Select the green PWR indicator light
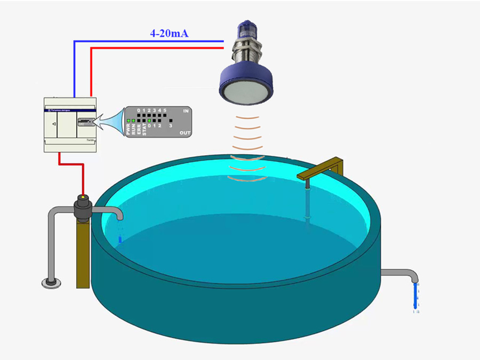(129, 121)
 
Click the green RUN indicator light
(134, 121)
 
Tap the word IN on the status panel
(186, 111)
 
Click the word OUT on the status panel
(185, 133)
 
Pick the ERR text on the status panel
(139, 130)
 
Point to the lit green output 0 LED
(149, 121)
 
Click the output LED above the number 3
(170, 121)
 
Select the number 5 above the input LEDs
(165, 110)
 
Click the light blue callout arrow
(110, 121)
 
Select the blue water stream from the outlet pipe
(415, 296)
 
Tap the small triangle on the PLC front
(54, 123)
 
